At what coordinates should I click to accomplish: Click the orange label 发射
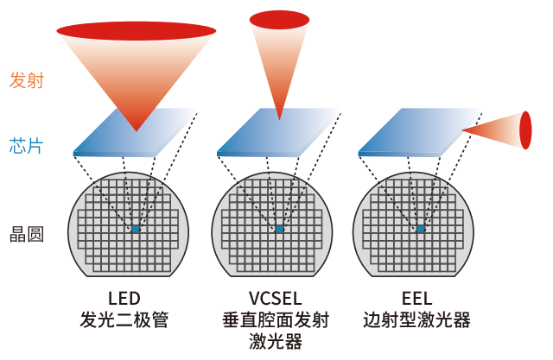(26, 81)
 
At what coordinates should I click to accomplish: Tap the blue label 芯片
(26, 145)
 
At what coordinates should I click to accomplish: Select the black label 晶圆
(26, 233)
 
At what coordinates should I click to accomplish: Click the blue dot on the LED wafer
(136, 229)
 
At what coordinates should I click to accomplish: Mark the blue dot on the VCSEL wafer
(279, 229)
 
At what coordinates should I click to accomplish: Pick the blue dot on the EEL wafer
(421, 229)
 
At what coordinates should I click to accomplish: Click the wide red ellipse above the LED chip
(136, 31)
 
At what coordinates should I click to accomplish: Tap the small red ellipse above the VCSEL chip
(278, 18)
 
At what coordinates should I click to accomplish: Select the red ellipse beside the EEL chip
(525, 129)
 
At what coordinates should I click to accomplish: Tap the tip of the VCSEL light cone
(278, 117)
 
